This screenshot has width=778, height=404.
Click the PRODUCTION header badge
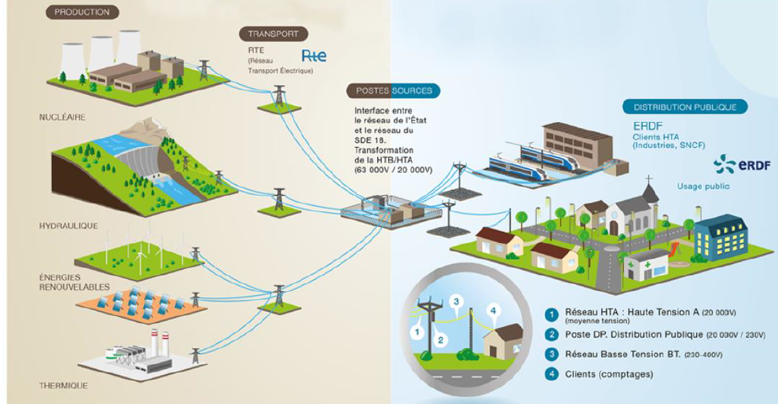(x=83, y=13)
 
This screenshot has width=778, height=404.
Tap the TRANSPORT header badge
(x=273, y=35)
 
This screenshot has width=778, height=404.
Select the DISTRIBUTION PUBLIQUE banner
(x=685, y=107)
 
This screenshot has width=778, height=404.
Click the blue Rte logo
(x=314, y=55)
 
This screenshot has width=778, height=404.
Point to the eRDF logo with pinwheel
(x=743, y=165)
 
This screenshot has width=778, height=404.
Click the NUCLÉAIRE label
(x=63, y=118)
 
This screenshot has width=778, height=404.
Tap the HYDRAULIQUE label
(x=68, y=226)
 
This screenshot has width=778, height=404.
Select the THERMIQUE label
(x=64, y=386)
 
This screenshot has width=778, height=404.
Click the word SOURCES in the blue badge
(x=412, y=91)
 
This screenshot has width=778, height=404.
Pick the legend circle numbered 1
(x=551, y=314)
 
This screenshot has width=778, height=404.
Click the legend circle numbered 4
(x=551, y=373)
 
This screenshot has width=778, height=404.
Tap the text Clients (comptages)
(x=609, y=374)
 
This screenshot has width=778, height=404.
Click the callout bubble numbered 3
(x=457, y=302)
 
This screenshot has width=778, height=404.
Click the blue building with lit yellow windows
(x=721, y=237)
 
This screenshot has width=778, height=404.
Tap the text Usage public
(x=703, y=186)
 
